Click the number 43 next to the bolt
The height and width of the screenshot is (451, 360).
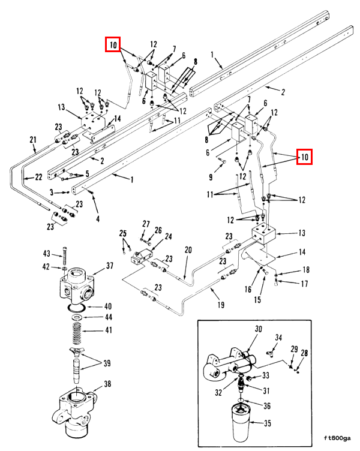tap(47, 254)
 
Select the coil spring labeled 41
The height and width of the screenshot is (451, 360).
tap(77, 333)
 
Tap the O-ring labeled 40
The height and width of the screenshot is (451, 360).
tap(76, 308)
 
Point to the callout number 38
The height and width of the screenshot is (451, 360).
tap(107, 384)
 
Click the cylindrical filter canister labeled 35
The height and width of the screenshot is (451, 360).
tap(240, 423)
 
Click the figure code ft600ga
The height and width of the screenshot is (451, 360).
tap(337, 438)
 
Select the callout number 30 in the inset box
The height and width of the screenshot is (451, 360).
tap(258, 329)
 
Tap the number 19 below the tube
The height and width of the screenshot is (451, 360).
tap(221, 305)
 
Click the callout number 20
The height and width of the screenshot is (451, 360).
tap(188, 249)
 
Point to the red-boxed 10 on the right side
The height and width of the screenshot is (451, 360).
tap(304, 157)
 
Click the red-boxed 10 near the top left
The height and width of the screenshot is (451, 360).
tap(113, 44)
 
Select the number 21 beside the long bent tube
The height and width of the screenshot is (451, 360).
tap(33, 140)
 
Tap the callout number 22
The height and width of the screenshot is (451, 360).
tap(38, 177)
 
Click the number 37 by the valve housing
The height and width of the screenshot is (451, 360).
tap(110, 266)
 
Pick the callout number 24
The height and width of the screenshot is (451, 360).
tap(168, 236)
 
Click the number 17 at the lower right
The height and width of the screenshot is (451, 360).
tap(304, 284)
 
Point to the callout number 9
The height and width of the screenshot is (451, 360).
tap(211, 177)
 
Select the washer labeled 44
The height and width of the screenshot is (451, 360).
tap(77, 317)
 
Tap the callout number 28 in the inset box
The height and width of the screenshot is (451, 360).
tap(304, 353)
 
